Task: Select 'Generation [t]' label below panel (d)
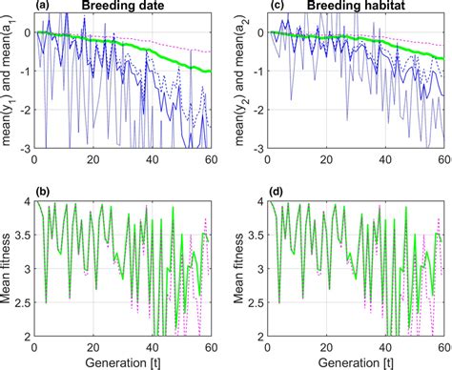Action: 351,361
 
